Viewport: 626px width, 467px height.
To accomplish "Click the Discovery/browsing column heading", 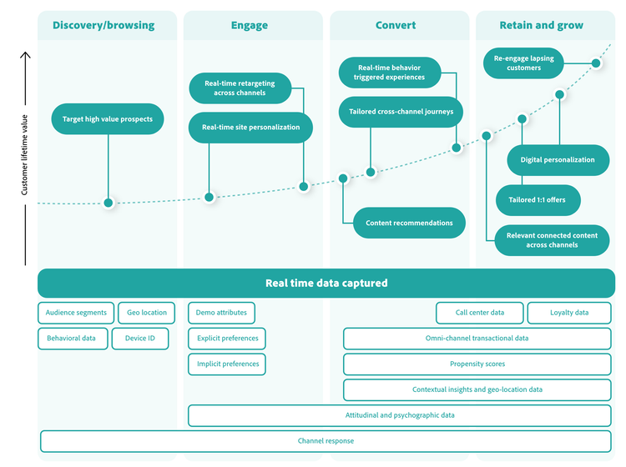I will point(103,25).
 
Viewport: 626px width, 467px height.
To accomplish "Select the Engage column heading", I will point(250,25).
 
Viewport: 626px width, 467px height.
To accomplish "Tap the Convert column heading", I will point(396,25).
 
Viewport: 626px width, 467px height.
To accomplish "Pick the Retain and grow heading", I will point(542,25).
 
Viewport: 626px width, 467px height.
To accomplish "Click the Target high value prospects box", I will point(108,119).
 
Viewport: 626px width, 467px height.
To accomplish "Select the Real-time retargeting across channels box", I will point(240,88).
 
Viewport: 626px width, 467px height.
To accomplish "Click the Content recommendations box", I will point(409,223).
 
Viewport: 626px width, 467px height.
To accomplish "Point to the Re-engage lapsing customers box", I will point(523,63).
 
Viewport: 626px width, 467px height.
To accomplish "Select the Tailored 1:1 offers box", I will point(538,200).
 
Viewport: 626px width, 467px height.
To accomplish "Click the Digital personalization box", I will point(558,159).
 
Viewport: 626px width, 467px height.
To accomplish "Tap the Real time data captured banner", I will point(326,283).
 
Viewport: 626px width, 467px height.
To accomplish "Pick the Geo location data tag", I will point(147,313).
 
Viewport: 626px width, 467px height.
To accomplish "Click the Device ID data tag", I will point(140,339).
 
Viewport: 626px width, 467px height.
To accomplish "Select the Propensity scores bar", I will point(477,364).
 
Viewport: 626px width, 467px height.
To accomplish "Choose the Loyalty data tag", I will point(569,313).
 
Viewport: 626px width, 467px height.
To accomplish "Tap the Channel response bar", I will point(326,440).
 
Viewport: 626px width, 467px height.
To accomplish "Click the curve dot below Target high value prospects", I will point(108,203).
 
